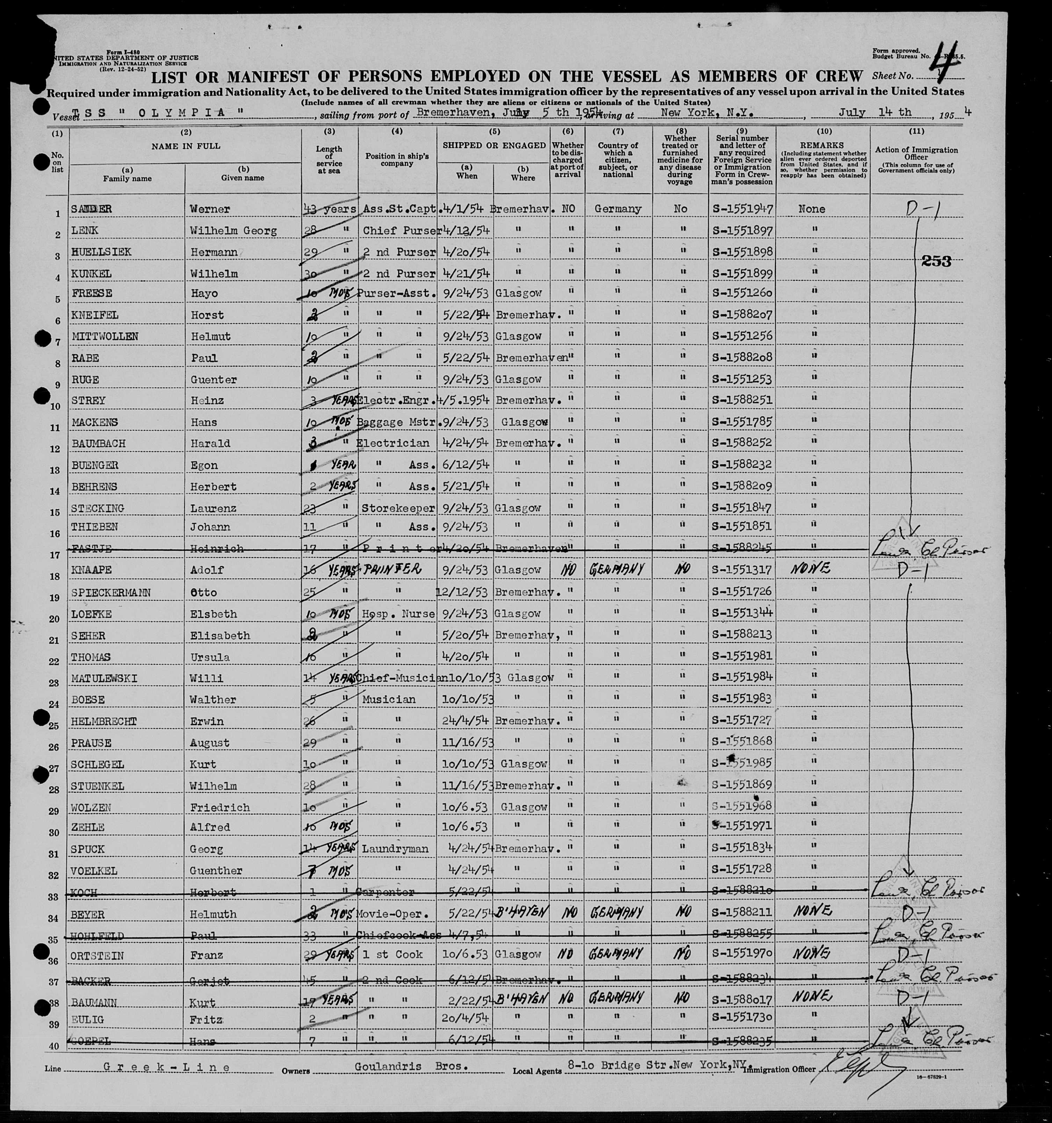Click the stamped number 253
[936, 261]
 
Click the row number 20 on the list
[55, 619]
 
